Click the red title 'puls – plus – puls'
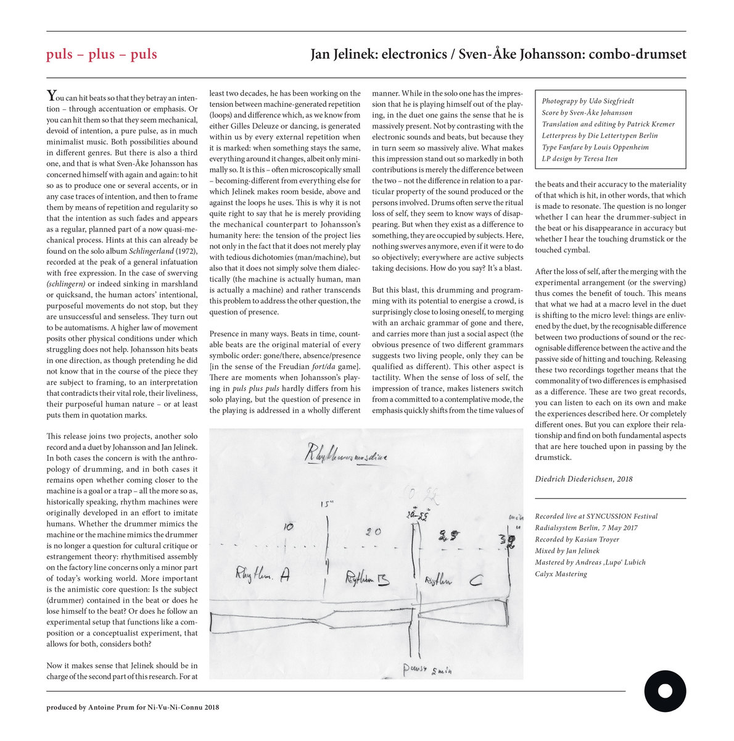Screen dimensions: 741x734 tap(101, 54)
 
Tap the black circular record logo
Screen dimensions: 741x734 tap(665, 690)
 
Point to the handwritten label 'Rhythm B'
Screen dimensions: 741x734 tap(368, 580)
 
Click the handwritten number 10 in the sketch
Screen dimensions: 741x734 tap(288, 527)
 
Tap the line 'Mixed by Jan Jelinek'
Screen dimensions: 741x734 tap(567, 551)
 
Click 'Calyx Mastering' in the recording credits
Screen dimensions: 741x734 tap(561, 574)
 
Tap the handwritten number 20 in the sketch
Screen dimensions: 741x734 tap(374, 532)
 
